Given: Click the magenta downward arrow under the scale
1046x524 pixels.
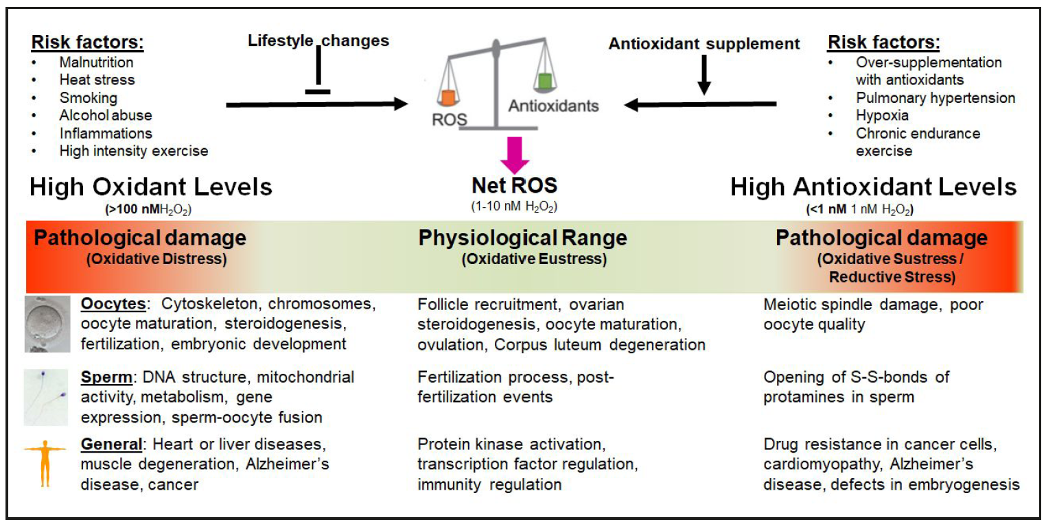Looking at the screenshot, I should pos(514,155).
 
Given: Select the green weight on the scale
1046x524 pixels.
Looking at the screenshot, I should pos(546,80).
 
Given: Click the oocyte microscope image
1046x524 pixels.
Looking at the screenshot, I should pos(47,324).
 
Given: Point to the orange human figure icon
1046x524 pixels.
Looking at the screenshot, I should pos(45,464).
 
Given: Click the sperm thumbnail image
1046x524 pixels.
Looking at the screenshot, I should pos(47,396).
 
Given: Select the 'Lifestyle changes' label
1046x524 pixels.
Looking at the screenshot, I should pos(318,40).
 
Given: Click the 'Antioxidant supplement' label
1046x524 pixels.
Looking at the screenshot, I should pos(704,44).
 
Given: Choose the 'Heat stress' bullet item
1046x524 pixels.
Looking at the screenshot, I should pos(97,80).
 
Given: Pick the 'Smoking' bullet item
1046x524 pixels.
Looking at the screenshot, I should pos(88,98).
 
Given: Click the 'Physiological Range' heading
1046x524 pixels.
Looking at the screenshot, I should pos(522,238).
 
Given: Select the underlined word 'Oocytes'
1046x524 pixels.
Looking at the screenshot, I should pos(112,304).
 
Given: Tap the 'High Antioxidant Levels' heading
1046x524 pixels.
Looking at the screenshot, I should pos(873,187).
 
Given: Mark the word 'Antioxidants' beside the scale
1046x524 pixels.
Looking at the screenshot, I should pos(553,106).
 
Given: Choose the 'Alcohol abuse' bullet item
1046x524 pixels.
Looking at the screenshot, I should pos(106,115).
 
